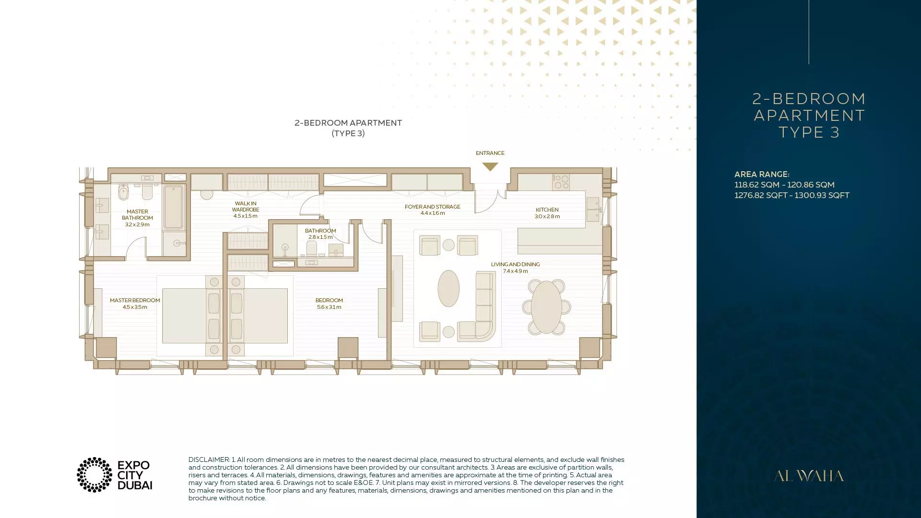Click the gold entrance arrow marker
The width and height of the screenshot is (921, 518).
pos(490,166)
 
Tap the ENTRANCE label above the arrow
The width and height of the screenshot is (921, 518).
pos(490,153)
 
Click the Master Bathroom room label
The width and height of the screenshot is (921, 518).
pos(137,218)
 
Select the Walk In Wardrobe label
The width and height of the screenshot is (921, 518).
pos(246,210)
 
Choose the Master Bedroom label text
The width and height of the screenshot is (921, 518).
pos(135,300)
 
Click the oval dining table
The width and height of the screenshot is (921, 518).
pos(546,307)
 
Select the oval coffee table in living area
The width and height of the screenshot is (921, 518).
pos(449,288)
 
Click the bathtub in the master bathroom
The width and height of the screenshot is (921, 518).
pos(173,208)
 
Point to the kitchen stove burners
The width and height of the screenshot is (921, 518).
pos(561,182)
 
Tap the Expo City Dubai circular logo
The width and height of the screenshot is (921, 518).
pos(94,475)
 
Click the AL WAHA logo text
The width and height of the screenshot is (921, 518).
pos(809,476)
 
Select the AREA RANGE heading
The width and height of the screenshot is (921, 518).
pos(762,174)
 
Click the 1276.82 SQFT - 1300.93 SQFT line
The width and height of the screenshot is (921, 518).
pos(792,195)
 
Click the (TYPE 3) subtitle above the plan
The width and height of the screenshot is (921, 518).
pos(348,133)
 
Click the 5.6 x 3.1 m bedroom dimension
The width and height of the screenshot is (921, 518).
pos(329,307)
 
